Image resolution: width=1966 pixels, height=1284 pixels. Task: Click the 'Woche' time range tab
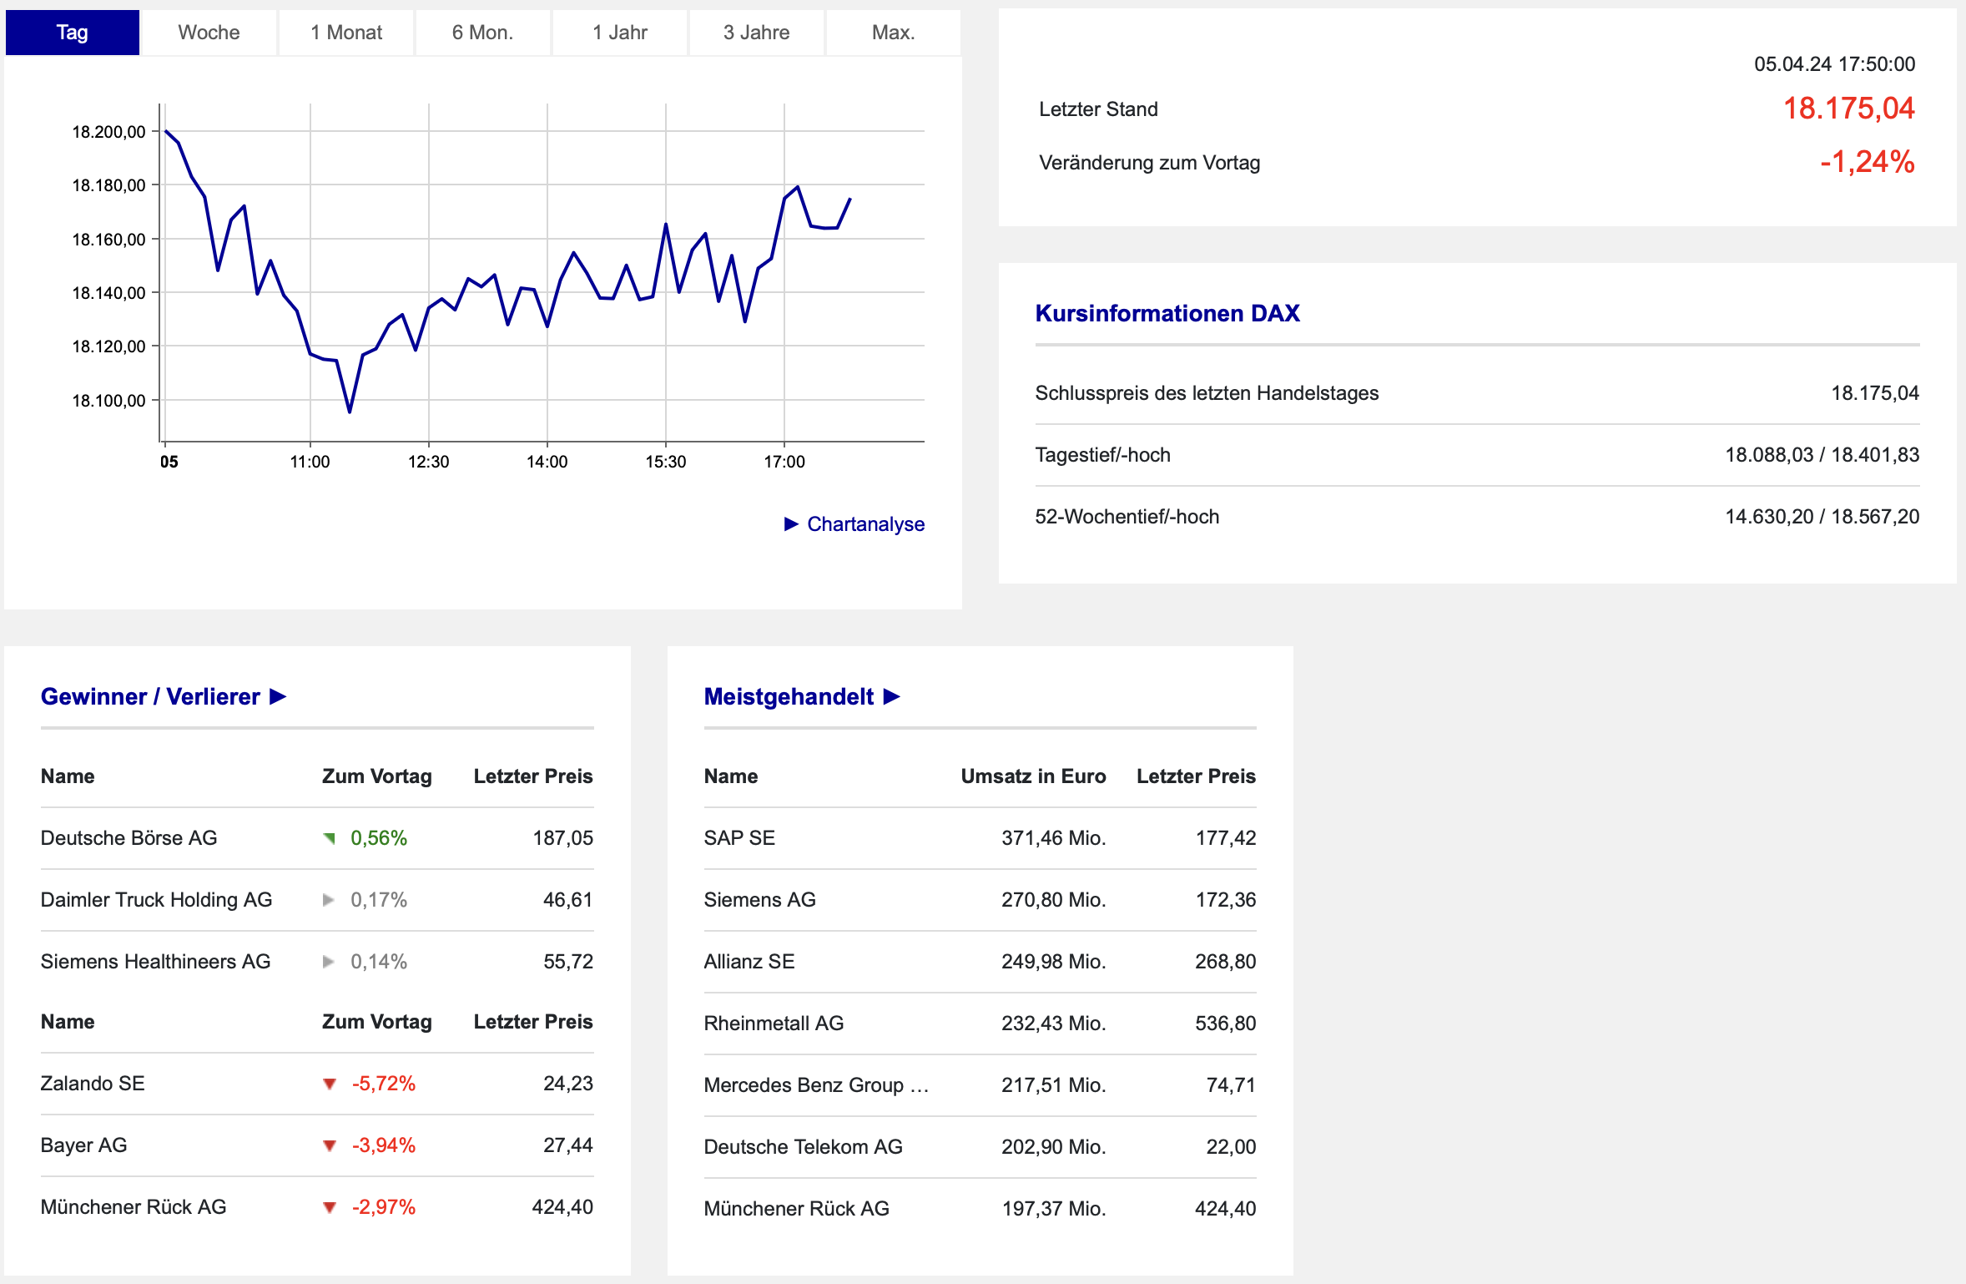[209, 33]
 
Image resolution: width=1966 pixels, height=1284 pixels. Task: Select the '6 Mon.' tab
[482, 33]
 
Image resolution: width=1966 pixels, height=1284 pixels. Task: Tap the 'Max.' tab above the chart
[893, 33]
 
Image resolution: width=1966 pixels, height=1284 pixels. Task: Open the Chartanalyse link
[854, 524]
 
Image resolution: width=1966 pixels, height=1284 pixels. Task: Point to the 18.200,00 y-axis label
[108, 132]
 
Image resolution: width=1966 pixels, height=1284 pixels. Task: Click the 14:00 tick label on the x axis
[547, 462]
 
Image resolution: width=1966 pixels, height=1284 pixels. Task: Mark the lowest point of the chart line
[350, 412]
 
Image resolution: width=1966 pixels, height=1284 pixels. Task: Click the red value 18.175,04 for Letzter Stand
[1848, 109]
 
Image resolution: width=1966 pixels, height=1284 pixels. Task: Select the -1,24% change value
[1868, 162]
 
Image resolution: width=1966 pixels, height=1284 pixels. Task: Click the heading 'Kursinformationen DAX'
[1167, 313]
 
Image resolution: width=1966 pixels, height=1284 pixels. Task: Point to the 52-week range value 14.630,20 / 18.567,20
[1822, 517]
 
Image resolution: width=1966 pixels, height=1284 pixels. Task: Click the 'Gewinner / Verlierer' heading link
[164, 696]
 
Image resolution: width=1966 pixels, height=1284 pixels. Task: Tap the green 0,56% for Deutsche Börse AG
[379, 838]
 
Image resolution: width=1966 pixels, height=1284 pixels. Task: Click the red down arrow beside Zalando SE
[330, 1084]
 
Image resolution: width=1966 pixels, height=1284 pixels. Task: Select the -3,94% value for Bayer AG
[384, 1145]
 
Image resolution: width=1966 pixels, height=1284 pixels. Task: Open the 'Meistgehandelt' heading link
[802, 696]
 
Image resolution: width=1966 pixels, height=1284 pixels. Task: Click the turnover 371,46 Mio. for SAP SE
[1054, 838]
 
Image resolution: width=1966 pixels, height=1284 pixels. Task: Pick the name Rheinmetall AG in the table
[774, 1024]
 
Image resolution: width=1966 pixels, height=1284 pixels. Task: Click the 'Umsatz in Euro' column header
[1033, 776]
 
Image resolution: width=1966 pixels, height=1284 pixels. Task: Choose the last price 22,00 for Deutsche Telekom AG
[1231, 1147]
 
